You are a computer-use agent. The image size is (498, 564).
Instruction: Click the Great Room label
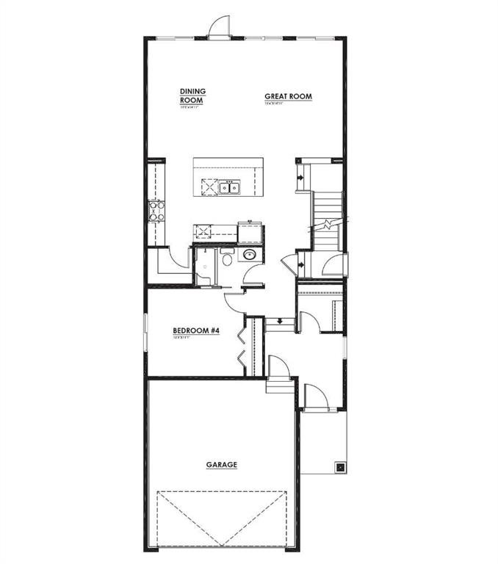click(288, 95)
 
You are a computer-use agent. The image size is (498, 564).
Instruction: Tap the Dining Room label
click(192, 95)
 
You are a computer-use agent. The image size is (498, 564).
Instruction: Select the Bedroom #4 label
click(196, 330)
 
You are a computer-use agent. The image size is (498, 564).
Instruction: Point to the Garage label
click(220, 464)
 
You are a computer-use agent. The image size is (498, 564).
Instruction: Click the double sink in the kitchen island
click(230, 188)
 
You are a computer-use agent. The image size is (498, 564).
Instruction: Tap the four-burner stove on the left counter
click(156, 211)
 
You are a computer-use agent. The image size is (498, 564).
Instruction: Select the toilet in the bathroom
click(227, 259)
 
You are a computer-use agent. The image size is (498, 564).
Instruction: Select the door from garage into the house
click(277, 366)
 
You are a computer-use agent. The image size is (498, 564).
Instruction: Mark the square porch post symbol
click(340, 466)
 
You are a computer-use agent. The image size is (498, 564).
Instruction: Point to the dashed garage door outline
click(220, 518)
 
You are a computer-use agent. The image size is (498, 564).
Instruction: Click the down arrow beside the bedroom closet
click(280, 321)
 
